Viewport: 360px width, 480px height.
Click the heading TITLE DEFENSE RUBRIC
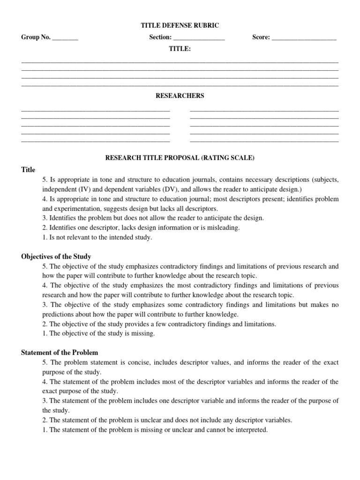[x=180, y=26]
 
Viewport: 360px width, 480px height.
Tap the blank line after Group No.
[x=65, y=38]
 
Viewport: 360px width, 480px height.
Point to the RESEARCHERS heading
[x=180, y=96]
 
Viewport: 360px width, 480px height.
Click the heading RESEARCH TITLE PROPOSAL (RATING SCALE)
[x=180, y=158]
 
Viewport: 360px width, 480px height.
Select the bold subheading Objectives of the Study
[x=56, y=256]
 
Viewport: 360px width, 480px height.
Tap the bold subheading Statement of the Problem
[x=60, y=352]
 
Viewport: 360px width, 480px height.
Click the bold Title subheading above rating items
[x=28, y=170]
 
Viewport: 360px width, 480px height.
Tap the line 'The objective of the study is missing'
[x=98, y=334]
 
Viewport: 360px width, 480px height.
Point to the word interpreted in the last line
[x=252, y=430]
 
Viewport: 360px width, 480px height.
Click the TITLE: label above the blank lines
[x=180, y=49]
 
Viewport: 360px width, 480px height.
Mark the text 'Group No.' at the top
[x=36, y=37]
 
